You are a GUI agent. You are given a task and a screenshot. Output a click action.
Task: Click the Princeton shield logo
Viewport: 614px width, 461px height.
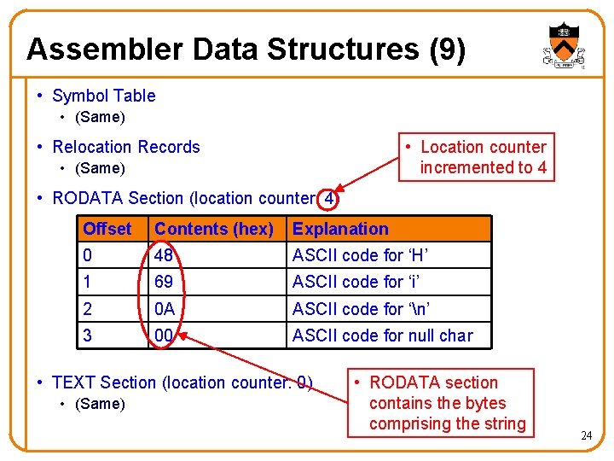(x=561, y=45)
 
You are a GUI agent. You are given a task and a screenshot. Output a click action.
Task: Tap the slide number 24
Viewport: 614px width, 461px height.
(x=586, y=436)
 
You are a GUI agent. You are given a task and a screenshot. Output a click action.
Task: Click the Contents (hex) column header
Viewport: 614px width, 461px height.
(x=214, y=229)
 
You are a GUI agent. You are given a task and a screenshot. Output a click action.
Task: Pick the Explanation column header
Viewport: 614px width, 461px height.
(x=340, y=229)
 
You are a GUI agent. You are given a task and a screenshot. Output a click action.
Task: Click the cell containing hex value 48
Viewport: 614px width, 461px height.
(x=164, y=255)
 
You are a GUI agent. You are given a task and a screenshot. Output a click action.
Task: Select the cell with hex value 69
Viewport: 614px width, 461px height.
(x=164, y=282)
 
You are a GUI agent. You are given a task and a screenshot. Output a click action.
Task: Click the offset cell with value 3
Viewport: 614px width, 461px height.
(x=88, y=335)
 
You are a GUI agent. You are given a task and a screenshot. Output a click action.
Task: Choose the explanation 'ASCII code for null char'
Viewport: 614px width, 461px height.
(x=382, y=335)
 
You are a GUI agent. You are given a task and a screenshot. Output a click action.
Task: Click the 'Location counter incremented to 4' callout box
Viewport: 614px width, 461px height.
(x=483, y=157)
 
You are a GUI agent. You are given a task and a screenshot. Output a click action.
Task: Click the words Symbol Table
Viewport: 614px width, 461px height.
(x=104, y=96)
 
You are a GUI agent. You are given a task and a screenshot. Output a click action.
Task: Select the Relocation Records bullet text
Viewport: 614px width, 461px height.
(x=126, y=147)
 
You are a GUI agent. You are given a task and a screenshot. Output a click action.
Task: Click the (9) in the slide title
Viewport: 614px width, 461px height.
(x=448, y=50)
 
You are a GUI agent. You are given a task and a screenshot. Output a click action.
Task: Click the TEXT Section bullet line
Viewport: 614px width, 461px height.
(x=182, y=382)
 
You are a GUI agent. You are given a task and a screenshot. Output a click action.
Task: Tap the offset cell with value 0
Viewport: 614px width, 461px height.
(x=88, y=255)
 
